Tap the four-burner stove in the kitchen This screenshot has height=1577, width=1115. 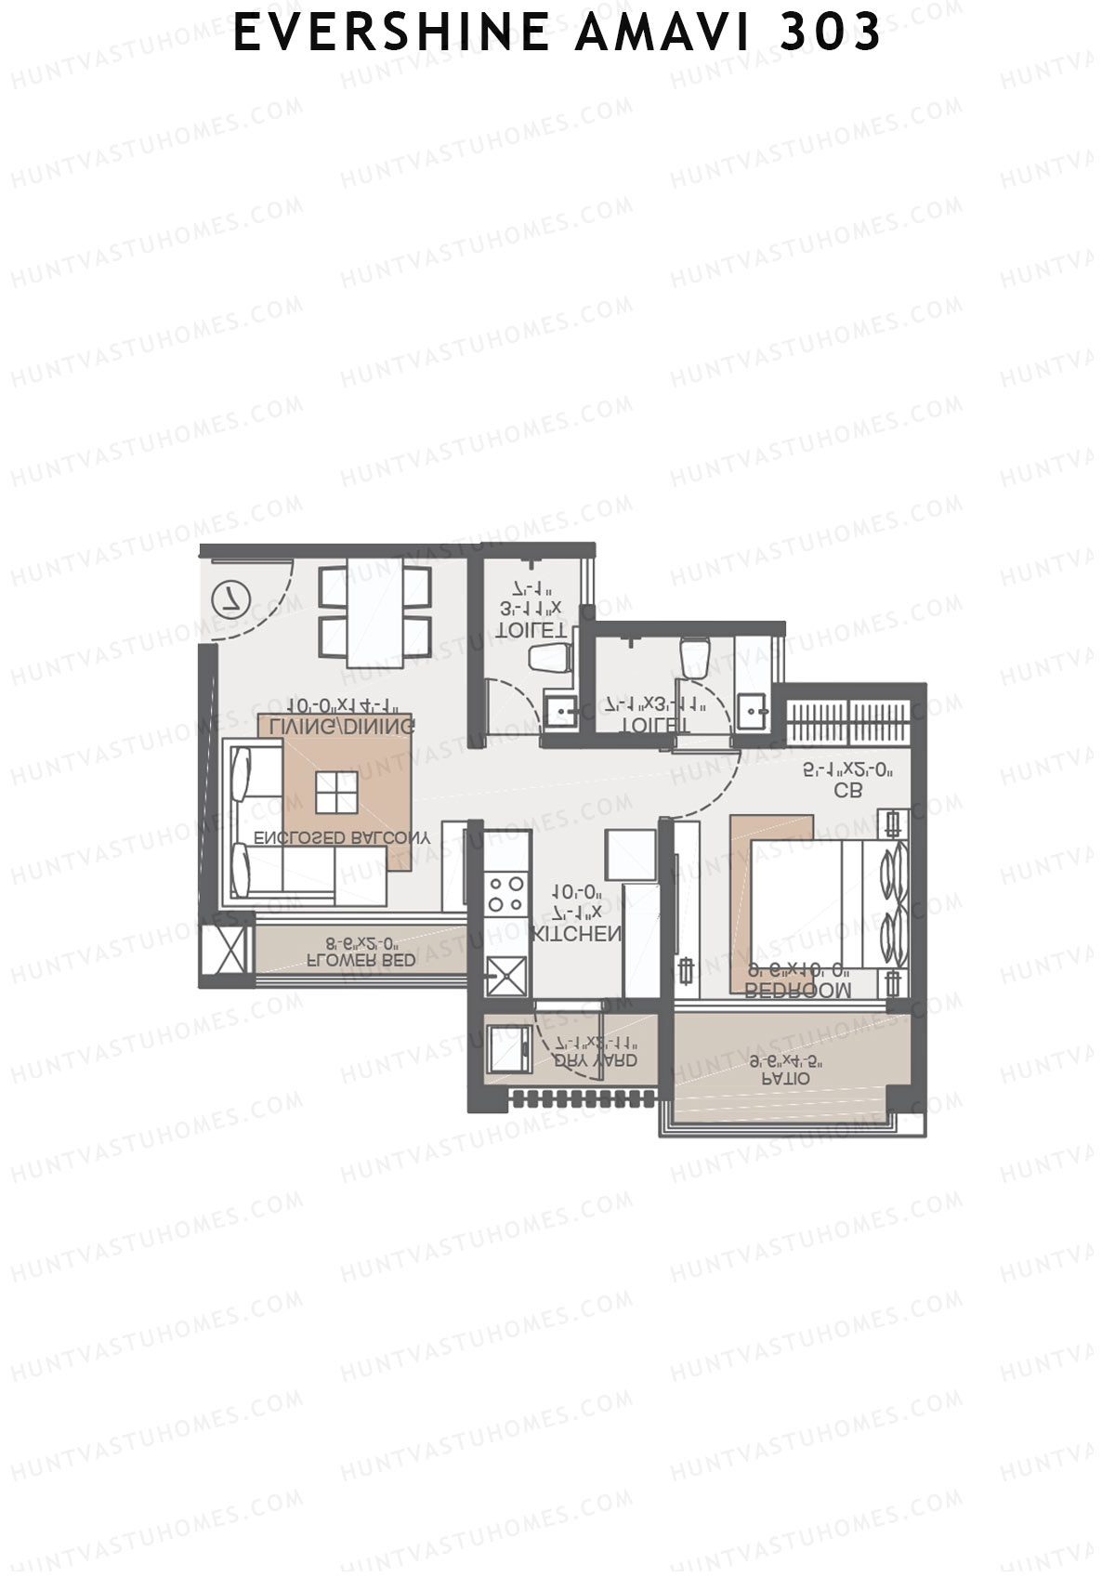pyautogui.click(x=505, y=894)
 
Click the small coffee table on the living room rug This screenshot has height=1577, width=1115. pyautogui.click(x=336, y=792)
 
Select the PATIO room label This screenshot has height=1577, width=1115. pyautogui.click(x=786, y=1079)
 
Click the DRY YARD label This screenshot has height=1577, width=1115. pyautogui.click(x=595, y=1060)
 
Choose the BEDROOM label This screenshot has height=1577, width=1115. pyautogui.click(x=798, y=991)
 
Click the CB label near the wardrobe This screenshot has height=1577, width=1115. pyautogui.click(x=847, y=791)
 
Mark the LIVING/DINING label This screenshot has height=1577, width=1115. pyautogui.click(x=336, y=725)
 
